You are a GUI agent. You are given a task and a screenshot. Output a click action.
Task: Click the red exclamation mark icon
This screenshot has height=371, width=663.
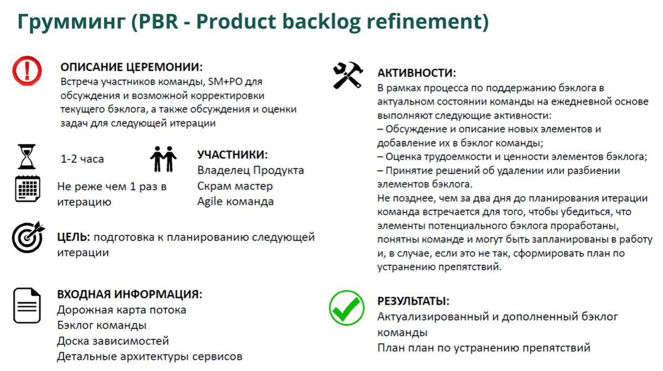tap(27, 70)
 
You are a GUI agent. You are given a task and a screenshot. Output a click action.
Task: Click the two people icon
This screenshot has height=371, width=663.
tap(163, 158)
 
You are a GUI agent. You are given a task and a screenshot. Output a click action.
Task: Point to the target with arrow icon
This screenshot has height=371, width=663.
tap(28, 238)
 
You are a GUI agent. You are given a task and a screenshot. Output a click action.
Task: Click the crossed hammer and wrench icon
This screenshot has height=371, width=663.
tap(348, 75)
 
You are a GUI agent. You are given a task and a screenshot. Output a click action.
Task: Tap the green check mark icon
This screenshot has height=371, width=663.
tap(347, 308)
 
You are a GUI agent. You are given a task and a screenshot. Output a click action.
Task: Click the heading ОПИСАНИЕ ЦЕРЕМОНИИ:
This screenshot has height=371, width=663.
tap(132, 67)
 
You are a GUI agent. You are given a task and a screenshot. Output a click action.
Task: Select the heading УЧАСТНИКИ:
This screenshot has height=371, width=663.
tap(232, 154)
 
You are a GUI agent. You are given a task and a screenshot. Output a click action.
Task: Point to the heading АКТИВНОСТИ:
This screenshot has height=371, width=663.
tap(416, 73)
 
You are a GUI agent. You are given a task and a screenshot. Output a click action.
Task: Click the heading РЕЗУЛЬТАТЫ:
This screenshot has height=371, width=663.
tap(413, 301)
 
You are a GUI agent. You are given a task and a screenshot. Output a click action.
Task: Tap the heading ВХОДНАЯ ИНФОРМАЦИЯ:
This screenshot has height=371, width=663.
tap(129, 294)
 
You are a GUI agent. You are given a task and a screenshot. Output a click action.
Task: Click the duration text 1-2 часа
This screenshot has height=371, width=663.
tap(82, 159)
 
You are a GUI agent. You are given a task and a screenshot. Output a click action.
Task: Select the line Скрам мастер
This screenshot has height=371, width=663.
tap(235, 186)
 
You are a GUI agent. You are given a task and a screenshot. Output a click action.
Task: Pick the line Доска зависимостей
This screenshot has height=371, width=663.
tap(113, 341)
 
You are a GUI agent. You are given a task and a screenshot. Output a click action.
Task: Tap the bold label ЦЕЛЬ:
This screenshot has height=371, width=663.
tap(73, 238)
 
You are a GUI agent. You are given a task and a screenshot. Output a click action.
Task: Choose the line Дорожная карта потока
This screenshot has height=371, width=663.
tap(122, 310)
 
